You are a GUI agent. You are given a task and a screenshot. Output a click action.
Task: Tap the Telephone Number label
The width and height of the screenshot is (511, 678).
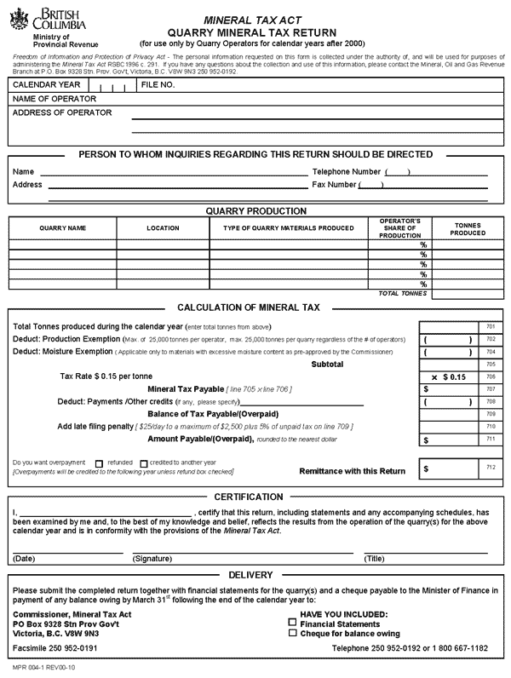347,171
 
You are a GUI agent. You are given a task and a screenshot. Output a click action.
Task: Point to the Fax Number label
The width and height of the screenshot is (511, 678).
334,184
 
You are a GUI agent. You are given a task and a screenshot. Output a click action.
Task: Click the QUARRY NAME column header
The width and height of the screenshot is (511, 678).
63,228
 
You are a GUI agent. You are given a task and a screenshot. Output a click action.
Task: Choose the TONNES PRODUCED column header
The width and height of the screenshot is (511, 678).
468,228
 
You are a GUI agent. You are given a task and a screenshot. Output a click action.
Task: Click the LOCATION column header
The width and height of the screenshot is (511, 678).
163,228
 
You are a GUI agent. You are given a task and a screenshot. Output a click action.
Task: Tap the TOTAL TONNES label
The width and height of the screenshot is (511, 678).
403,293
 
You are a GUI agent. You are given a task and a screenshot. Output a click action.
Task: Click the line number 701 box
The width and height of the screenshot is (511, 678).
490,326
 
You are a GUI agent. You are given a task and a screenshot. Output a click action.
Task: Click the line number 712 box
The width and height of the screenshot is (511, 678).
490,467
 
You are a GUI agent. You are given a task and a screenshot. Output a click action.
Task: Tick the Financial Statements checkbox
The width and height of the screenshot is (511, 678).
294,623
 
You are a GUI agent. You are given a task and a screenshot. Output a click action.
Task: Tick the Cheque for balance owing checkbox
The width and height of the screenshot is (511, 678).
294,634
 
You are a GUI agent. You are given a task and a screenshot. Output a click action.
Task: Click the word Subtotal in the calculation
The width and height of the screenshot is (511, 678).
328,364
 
